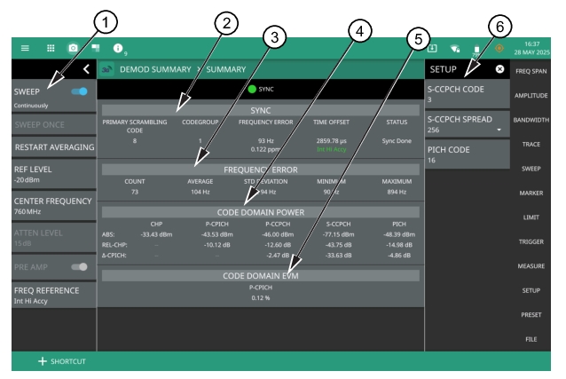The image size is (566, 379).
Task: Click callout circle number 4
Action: (x=359, y=29)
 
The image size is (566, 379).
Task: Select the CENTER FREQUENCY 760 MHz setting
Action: (x=51, y=202)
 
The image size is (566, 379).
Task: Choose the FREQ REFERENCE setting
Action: (x=51, y=294)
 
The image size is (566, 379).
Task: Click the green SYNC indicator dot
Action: (x=251, y=90)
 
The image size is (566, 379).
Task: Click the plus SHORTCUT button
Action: (x=62, y=361)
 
